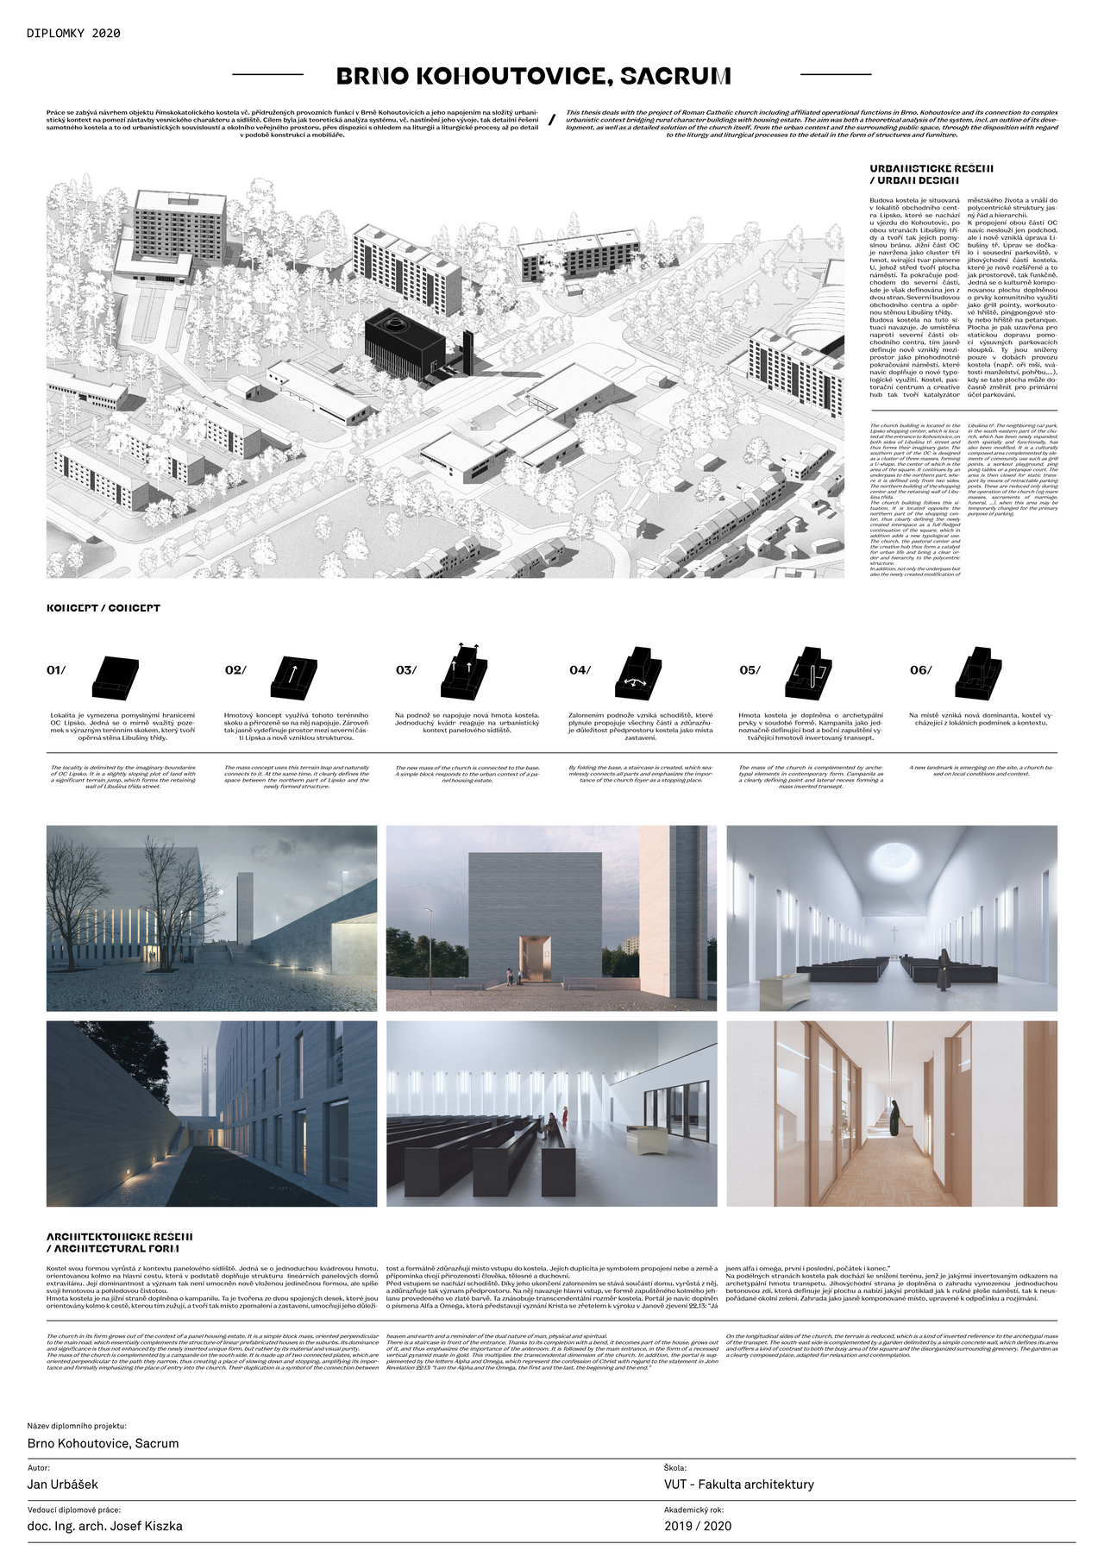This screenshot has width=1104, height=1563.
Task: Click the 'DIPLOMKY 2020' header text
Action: tap(73, 34)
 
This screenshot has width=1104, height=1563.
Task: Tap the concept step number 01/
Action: tap(56, 670)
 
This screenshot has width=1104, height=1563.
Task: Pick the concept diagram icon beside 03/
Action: tap(464, 672)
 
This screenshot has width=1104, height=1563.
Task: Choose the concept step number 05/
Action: tap(750, 670)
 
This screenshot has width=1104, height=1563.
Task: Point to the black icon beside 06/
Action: tap(980, 672)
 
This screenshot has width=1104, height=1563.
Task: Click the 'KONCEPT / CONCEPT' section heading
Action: tap(103, 608)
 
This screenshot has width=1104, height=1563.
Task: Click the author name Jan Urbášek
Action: tap(63, 1485)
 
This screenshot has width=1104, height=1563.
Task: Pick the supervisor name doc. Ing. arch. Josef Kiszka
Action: tap(104, 1526)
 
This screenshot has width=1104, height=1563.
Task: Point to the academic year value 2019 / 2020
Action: tap(697, 1526)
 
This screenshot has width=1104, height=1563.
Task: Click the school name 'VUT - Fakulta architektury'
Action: tap(738, 1485)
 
